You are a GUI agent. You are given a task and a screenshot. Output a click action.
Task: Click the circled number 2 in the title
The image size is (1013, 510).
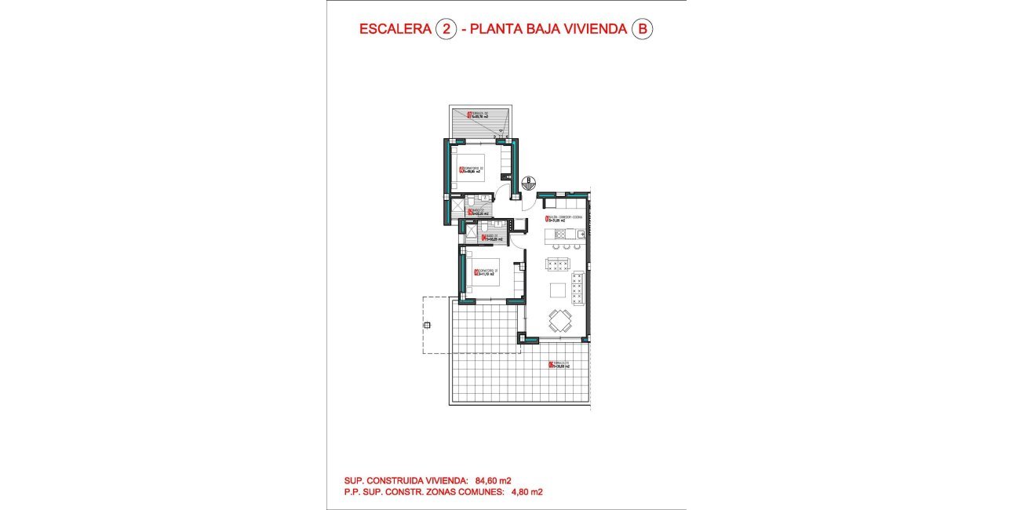click(x=446, y=30)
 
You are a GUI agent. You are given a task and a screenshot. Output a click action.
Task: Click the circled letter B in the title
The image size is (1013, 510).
click(x=643, y=30)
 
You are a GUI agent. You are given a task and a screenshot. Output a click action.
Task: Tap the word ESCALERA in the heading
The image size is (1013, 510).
click(x=394, y=30)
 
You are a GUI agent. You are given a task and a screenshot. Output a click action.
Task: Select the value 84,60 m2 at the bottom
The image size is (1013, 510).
click(x=493, y=480)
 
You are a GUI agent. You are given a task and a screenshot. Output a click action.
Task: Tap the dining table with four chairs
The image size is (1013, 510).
click(x=560, y=320)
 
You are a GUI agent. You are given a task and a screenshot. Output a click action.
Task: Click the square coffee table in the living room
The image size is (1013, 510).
click(x=558, y=290)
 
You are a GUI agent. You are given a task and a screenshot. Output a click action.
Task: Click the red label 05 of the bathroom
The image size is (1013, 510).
click(x=470, y=212)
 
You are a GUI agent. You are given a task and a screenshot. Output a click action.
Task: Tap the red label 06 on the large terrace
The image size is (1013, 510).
click(x=550, y=364)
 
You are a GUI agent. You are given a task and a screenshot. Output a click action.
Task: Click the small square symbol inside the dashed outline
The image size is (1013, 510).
click(x=427, y=325)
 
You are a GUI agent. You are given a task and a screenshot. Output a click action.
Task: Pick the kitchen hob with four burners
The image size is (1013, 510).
click(x=560, y=233)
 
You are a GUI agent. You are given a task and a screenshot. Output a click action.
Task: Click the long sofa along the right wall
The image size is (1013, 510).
click(x=579, y=288)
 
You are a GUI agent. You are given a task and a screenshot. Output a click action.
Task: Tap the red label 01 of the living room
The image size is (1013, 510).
click(x=547, y=219)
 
